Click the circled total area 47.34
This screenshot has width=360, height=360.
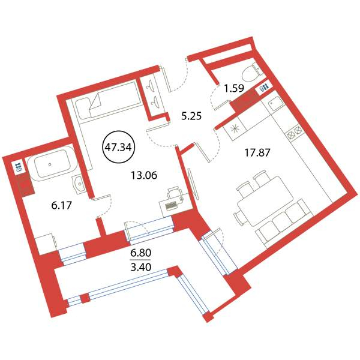pos(118,147)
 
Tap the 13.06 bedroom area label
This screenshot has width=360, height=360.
pos(144,176)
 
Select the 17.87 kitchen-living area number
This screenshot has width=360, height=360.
pos(257,152)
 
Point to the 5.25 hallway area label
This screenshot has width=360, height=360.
pos(191,116)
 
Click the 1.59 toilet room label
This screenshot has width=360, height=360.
pos(234,88)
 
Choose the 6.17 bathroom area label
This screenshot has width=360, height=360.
pos(62,205)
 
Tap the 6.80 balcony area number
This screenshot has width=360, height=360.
pos(141,253)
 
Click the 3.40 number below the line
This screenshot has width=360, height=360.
pos(141,267)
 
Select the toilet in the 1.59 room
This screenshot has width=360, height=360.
pos(253,73)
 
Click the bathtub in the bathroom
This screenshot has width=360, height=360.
pos(52,164)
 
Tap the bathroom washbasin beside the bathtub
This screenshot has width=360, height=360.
pos(79,183)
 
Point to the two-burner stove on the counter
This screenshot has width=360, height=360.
pos(294,133)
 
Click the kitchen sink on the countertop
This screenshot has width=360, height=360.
pos(275,104)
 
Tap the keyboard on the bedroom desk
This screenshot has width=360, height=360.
pos(172,205)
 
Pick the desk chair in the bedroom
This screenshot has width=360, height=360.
pos(174,192)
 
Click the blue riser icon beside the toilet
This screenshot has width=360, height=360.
pos(263,88)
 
